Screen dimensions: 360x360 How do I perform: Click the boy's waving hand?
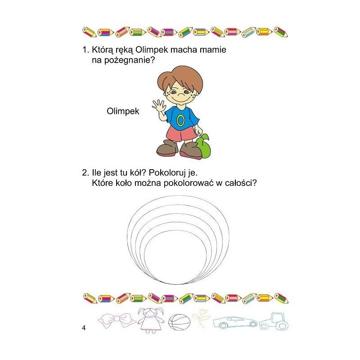pyautogui.click(x=158, y=106)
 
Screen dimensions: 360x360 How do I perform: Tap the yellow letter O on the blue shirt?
pyautogui.click(x=180, y=120)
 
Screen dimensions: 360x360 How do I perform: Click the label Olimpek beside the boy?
pyautogui.click(x=123, y=111)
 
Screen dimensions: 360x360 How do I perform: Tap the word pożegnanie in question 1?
pyautogui.click(x=130, y=60)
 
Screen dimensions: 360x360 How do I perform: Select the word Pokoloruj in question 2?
pyautogui.click(x=167, y=173)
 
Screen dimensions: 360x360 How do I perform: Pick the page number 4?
pyautogui.click(x=84, y=328)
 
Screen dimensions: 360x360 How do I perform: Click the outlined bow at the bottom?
pyautogui.click(x=117, y=320)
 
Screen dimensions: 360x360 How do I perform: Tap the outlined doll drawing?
pyautogui.click(x=151, y=320)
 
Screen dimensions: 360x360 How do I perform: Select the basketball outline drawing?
pyautogui.click(x=179, y=322)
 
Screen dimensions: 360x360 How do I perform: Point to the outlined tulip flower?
pyautogui.click(x=201, y=319)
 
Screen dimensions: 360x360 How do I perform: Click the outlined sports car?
pyautogui.click(x=235, y=322)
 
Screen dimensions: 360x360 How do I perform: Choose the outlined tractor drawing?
pyautogui.click(x=274, y=321)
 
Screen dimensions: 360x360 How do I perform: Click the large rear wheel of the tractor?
pyautogui.click(x=282, y=325)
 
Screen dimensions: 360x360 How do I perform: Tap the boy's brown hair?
pyautogui.click(x=180, y=77)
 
